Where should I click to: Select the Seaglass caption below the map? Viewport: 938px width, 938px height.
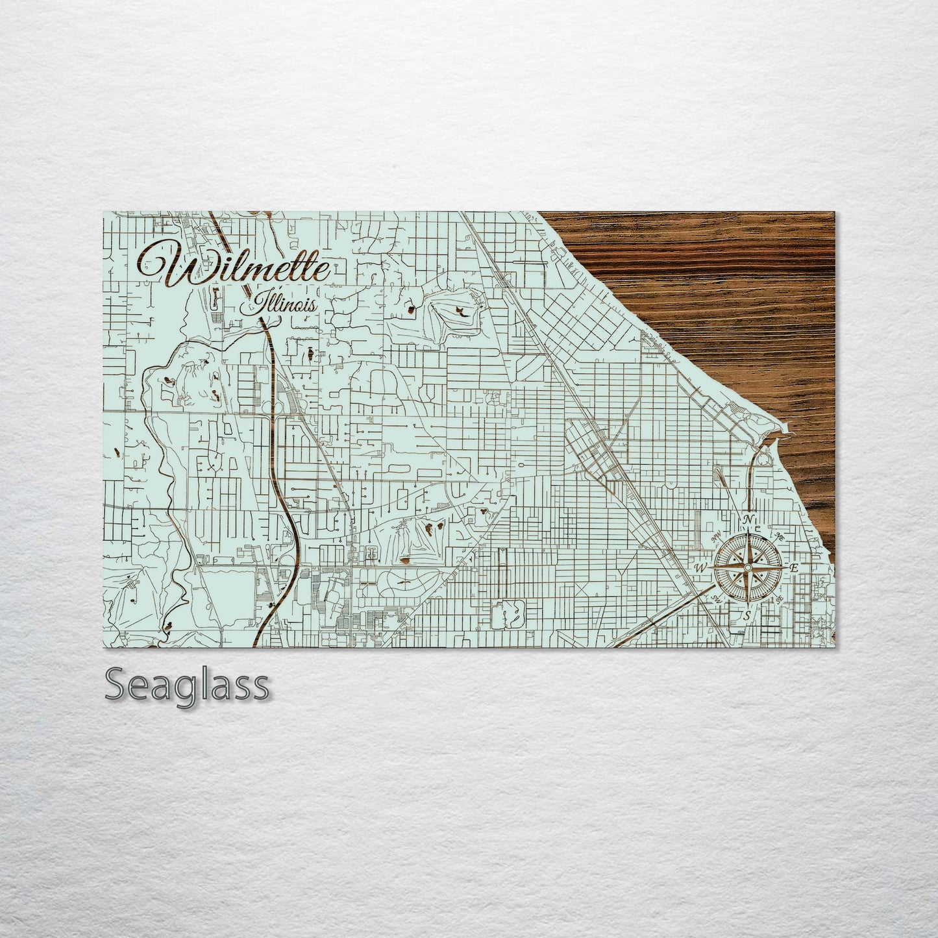pyautogui.click(x=187, y=685)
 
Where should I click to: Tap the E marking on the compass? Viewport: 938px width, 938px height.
pyautogui.click(x=793, y=568)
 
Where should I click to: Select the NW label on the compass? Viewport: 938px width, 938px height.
pyautogui.click(x=717, y=536)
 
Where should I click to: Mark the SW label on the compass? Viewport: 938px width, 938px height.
pyautogui.click(x=717, y=599)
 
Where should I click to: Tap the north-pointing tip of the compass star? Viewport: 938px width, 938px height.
pyautogui.click(x=748, y=529)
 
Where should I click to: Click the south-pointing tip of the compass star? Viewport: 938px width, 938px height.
pyautogui.click(x=748, y=606)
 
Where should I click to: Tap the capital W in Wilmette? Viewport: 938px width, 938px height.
pyautogui.click(x=170, y=263)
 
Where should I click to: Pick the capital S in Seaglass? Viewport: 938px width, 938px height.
pyautogui.click(x=116, y=685)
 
